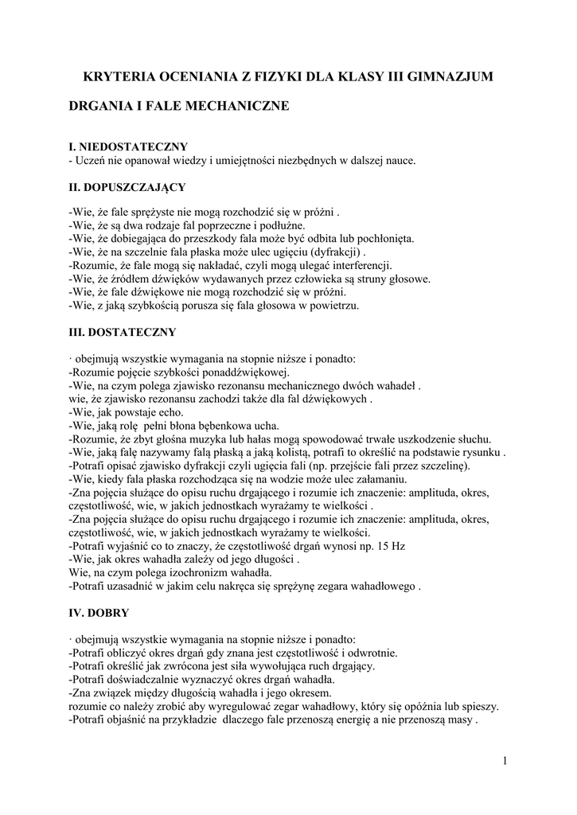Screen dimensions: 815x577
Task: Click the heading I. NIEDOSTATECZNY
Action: point(128,146)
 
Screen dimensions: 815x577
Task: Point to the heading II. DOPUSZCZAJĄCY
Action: point(127,187)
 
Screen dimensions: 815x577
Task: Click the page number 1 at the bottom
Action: point(505,761)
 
